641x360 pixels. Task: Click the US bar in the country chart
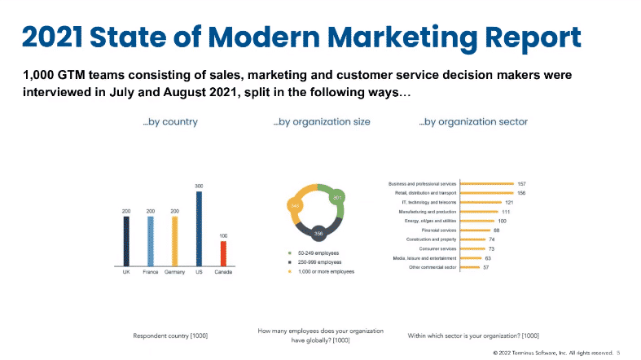pos(199,228)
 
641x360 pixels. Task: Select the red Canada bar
pos(224,253)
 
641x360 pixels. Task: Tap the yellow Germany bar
pos(174,241)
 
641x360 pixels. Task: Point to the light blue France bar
pos(150,241)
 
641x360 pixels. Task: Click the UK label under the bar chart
pos(125,272)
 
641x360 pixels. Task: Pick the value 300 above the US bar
pos(199,187)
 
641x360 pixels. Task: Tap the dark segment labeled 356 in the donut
pos(318,230)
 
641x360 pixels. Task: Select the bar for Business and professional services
pos(487,184)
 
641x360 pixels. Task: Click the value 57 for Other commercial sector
pos(486,267)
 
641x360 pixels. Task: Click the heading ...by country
pos(170,122)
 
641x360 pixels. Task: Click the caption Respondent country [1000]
pos(169,335)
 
